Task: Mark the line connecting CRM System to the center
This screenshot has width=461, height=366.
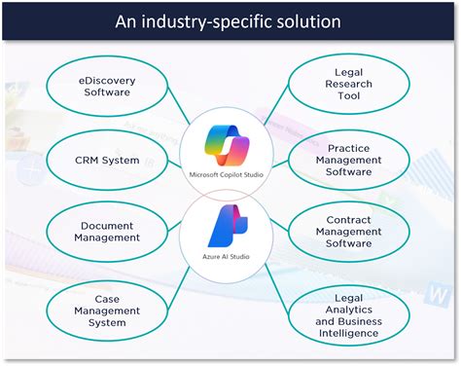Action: pos(175,158)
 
